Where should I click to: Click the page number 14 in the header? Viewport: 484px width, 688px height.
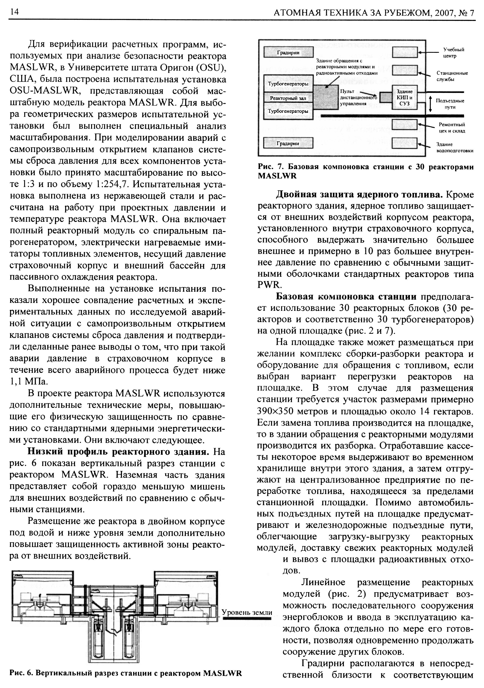tap(14, 12)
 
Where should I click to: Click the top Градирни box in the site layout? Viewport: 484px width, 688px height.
tap(288, 52)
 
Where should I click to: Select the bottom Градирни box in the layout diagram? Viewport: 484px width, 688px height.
tap(288, 143)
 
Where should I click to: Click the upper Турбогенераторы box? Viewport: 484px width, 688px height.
tap(288, 84)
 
